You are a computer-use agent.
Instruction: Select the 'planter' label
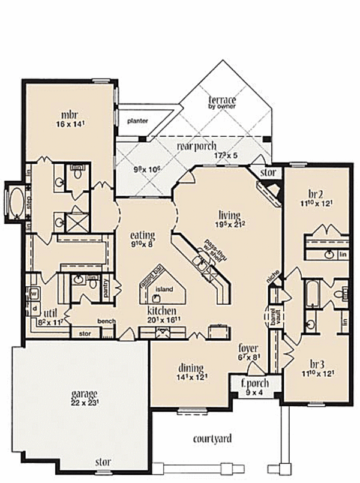pos(137,121)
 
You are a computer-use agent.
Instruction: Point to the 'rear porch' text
pos(196,146)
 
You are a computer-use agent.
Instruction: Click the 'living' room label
pos(229,215)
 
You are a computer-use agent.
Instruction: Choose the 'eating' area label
pos(143,235)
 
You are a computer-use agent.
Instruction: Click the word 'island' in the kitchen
pos(164,289)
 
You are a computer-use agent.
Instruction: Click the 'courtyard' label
pos(212,439)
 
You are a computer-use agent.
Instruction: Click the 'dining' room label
pos(190,368)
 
